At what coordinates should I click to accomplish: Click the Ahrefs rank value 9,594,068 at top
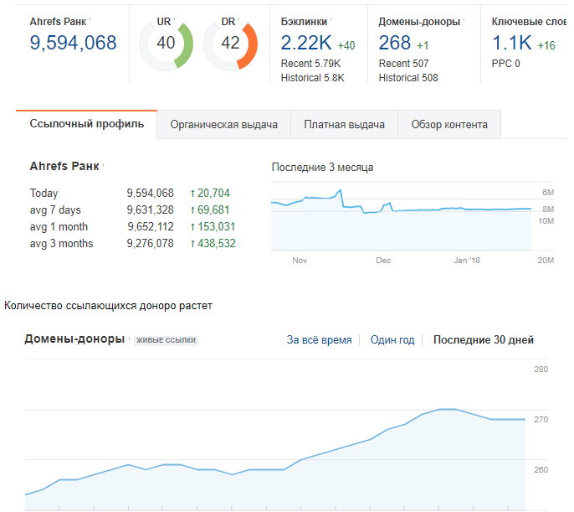[x=74, y=43]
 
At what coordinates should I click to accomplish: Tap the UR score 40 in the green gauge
[x=166, y=43]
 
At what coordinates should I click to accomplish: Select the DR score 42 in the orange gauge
[x=230, y=43]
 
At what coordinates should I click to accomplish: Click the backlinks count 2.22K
[x=306, y=43]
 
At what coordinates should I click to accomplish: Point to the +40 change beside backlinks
[x=346, y=45]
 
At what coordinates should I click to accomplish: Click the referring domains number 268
[x=394, y=43]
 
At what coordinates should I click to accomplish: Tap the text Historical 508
[x=408, y=78]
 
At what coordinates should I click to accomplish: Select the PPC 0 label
[x=505, y=64]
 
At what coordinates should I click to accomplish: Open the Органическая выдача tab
[x=223, y=125]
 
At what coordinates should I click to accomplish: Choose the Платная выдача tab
[x=344, y=125]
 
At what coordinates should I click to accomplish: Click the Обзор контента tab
[x=449, y=125]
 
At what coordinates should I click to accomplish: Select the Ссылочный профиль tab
[x=86, y=124]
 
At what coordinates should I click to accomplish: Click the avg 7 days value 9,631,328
[x=150, y=210]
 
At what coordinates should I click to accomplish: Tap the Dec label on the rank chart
[x=383, y=261]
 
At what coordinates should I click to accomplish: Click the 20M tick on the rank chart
[x=546, y=261]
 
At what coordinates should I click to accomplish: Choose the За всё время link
[x=319, y=340]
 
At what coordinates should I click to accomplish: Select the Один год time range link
[x=392, y=340]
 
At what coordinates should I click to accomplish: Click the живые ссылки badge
[x=166, y=340]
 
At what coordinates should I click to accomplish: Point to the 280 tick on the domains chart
[x=541, y=370]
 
